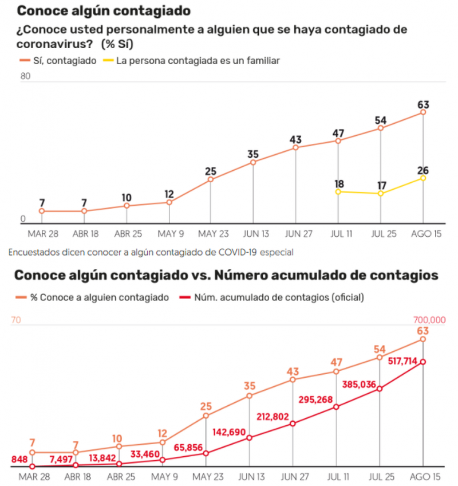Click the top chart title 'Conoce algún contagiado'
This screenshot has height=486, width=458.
click(x=104, y=11)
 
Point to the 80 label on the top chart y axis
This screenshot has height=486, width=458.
click(x=25, y=76)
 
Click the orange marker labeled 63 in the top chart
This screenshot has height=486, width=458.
click(x=423, y=112)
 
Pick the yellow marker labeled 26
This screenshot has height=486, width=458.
click(x=423, y=178)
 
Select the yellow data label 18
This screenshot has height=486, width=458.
click(x=338, y=183)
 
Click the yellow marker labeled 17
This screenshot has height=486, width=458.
click(x=381, y=194)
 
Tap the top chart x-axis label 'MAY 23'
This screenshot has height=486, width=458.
click(x=211, y=234)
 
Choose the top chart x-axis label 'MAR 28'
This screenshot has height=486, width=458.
click(x=42, y=234)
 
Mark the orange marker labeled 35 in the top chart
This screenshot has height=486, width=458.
click(x=253, y=162)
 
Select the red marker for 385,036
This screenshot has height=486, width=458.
click(x=381, y=389)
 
